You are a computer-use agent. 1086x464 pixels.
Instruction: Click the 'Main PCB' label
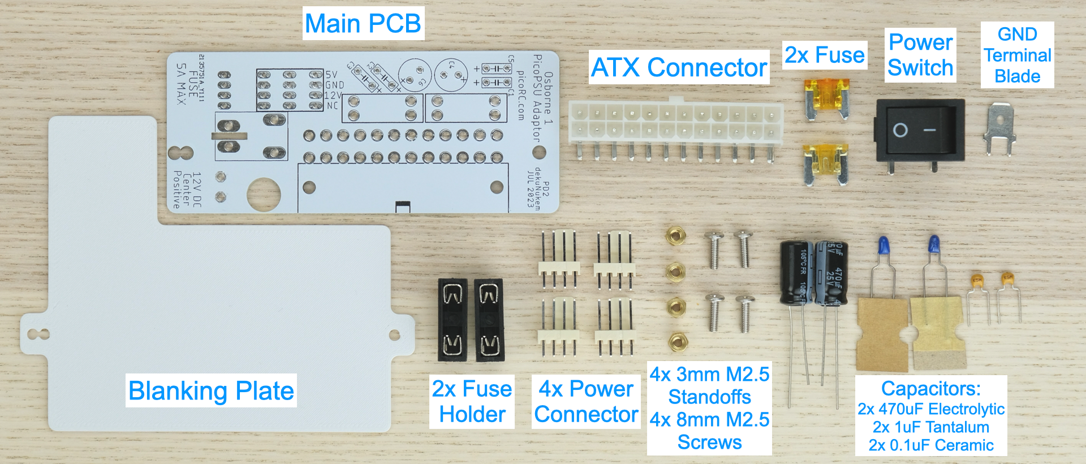(363, 24)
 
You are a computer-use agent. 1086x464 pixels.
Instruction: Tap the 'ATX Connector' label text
(679, 67)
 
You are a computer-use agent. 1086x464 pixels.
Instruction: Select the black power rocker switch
(919, 130)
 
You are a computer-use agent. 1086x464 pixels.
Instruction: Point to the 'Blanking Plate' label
(211, 390)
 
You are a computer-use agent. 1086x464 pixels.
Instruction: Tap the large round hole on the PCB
(264, 195)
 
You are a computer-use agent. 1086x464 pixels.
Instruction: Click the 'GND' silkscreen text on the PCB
(334, 85)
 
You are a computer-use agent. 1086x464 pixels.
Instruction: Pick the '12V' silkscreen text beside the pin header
(333, 96)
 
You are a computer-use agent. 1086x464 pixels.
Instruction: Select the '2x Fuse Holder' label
(472, 401)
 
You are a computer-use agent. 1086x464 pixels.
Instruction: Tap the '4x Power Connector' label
(586, 401)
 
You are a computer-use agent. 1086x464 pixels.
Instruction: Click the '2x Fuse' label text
(824, 55)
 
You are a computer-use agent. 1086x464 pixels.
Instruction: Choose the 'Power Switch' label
(920, 55)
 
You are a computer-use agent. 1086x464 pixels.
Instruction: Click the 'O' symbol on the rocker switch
(900, 131)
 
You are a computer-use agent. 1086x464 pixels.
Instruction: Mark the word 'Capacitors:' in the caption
(930, 388)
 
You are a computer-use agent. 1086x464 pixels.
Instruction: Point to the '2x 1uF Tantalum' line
(930, 427)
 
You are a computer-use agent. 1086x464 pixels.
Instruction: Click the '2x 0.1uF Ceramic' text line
(930, 445)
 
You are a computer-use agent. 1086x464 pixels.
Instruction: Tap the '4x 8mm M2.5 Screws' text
(709, 431)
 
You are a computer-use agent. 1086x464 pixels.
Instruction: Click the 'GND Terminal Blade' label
(1017, 55)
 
